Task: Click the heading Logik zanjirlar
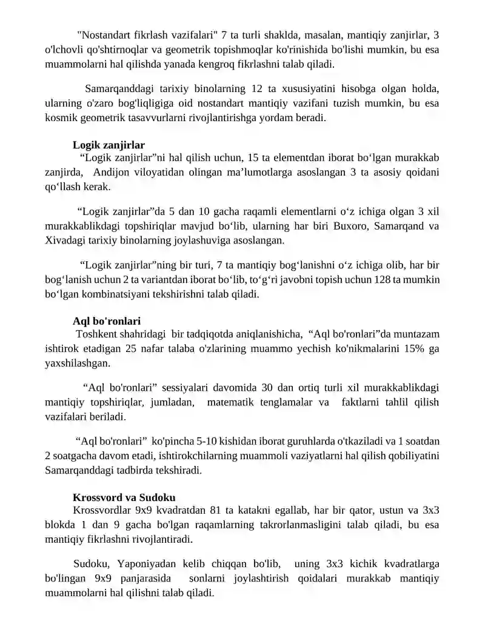coord(109,145)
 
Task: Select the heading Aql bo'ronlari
coord(106,320)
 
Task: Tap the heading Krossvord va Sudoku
coord(124,497)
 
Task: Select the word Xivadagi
coord(66,241)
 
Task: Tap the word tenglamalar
coord(283,402)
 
